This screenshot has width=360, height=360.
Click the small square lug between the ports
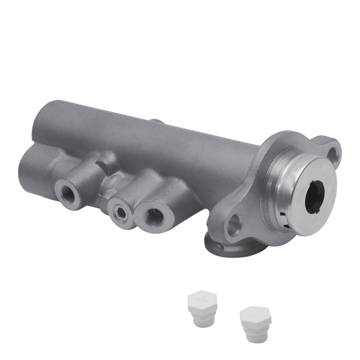(108, 161)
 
